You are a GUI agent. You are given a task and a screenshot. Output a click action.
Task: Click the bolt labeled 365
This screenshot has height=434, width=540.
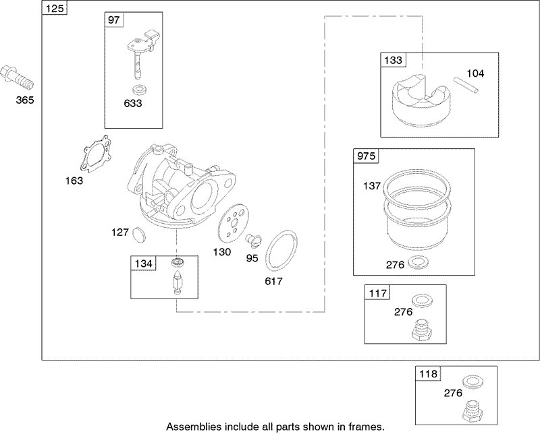click(x=18, y=79)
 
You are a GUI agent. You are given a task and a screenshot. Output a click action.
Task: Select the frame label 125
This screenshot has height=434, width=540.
click(x=53, y=9)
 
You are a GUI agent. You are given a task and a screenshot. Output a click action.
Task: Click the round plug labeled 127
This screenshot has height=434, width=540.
click(x=138, y=234)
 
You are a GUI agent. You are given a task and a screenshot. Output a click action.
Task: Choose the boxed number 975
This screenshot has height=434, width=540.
click(x=367, y=156)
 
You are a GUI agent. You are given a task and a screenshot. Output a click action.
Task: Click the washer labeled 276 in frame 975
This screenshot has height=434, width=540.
click(x=418, y=262)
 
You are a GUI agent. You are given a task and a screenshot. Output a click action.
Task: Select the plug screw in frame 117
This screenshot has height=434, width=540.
click(x=421, y=329)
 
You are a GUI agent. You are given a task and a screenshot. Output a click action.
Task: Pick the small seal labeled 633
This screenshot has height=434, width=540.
click(x=139, y=90)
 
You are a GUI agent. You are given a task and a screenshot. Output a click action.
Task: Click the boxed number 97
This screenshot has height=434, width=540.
click(x=113, y=21)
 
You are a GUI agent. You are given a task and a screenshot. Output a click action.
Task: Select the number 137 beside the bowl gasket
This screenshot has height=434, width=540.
click(x=373, y=185)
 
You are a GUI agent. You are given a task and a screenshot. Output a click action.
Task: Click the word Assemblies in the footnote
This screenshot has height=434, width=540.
click(x=190, y=426)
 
